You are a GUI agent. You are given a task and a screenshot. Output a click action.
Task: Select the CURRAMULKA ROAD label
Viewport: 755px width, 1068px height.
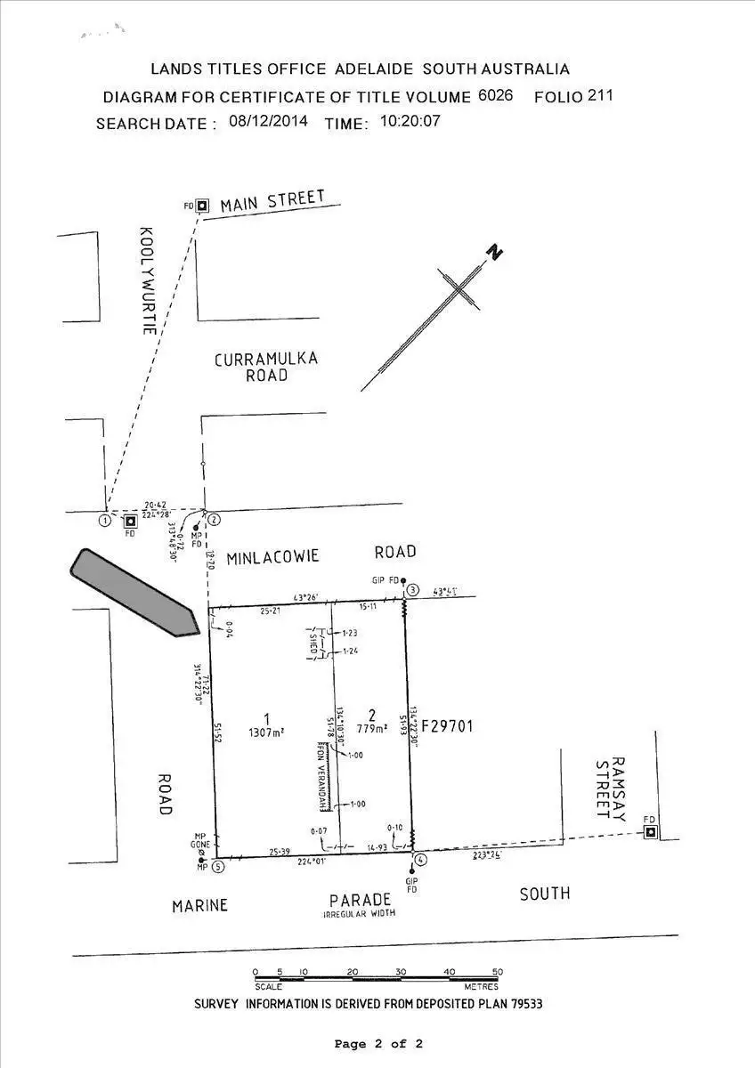coord(266,367)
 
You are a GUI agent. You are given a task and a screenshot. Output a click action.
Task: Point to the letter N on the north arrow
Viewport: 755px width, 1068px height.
coord(494,252)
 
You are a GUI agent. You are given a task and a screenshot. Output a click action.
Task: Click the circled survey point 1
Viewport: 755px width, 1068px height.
coord(105,520)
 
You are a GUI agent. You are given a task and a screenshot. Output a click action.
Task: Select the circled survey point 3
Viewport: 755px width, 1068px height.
coord(412,589)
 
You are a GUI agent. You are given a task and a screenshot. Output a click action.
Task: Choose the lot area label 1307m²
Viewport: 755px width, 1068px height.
coord(266,732)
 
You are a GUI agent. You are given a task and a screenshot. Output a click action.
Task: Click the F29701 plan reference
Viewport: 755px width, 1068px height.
coord(446,726)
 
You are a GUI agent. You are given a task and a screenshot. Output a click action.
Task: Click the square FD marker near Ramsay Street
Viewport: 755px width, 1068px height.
coord(651,832)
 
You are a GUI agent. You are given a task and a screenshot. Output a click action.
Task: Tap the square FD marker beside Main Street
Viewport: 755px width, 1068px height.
coord(203,206)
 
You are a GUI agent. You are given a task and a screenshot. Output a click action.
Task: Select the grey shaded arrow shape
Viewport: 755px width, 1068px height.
coord(134,592)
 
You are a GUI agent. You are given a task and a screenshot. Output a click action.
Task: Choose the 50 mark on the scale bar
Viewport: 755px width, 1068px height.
coord(497,972)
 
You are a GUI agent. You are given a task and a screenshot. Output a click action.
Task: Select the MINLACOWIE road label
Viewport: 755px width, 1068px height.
coord(272,557)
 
